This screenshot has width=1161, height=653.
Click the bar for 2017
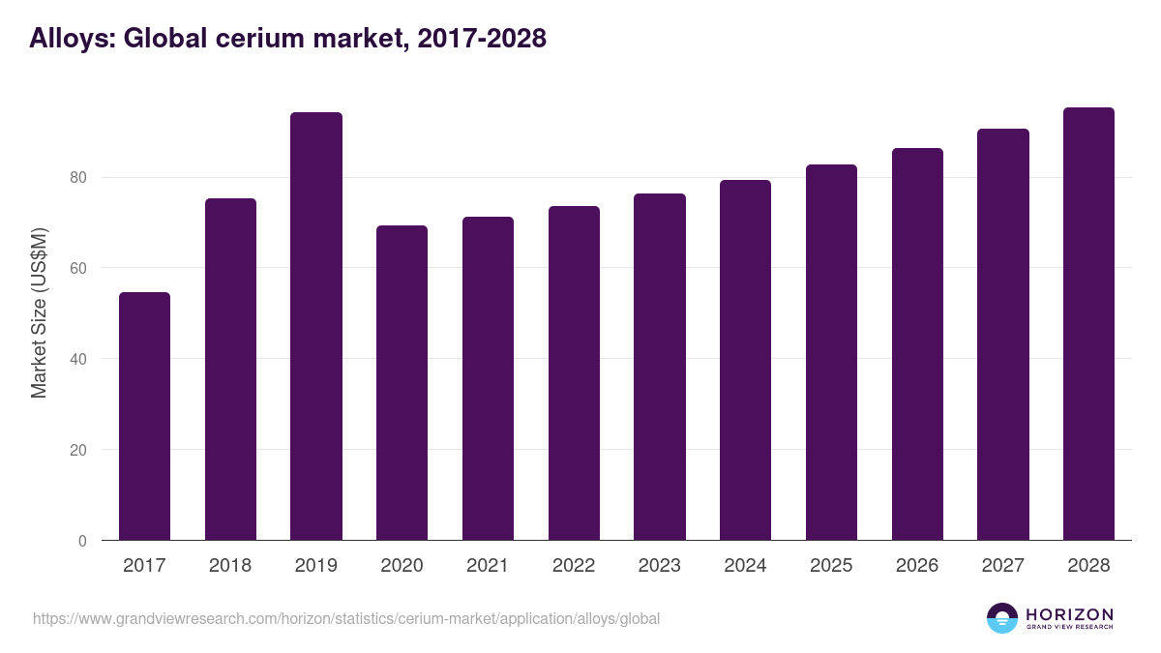coord(144,416)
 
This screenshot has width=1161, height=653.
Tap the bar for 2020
coord(402,382)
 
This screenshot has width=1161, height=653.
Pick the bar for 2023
coord(659,367)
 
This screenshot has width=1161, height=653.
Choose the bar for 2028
coord(1088,323)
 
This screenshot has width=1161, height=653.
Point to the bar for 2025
coord(831,352)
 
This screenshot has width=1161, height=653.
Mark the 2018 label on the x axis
coord(230,566)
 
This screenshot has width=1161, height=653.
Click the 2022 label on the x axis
coord(574,566)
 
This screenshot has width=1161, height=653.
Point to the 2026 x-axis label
coord(917,566)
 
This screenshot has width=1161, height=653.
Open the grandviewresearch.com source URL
coord(346,618)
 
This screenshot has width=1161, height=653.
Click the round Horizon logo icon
coord(1001,618)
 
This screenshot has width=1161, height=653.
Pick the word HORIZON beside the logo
coord(1069,614)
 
